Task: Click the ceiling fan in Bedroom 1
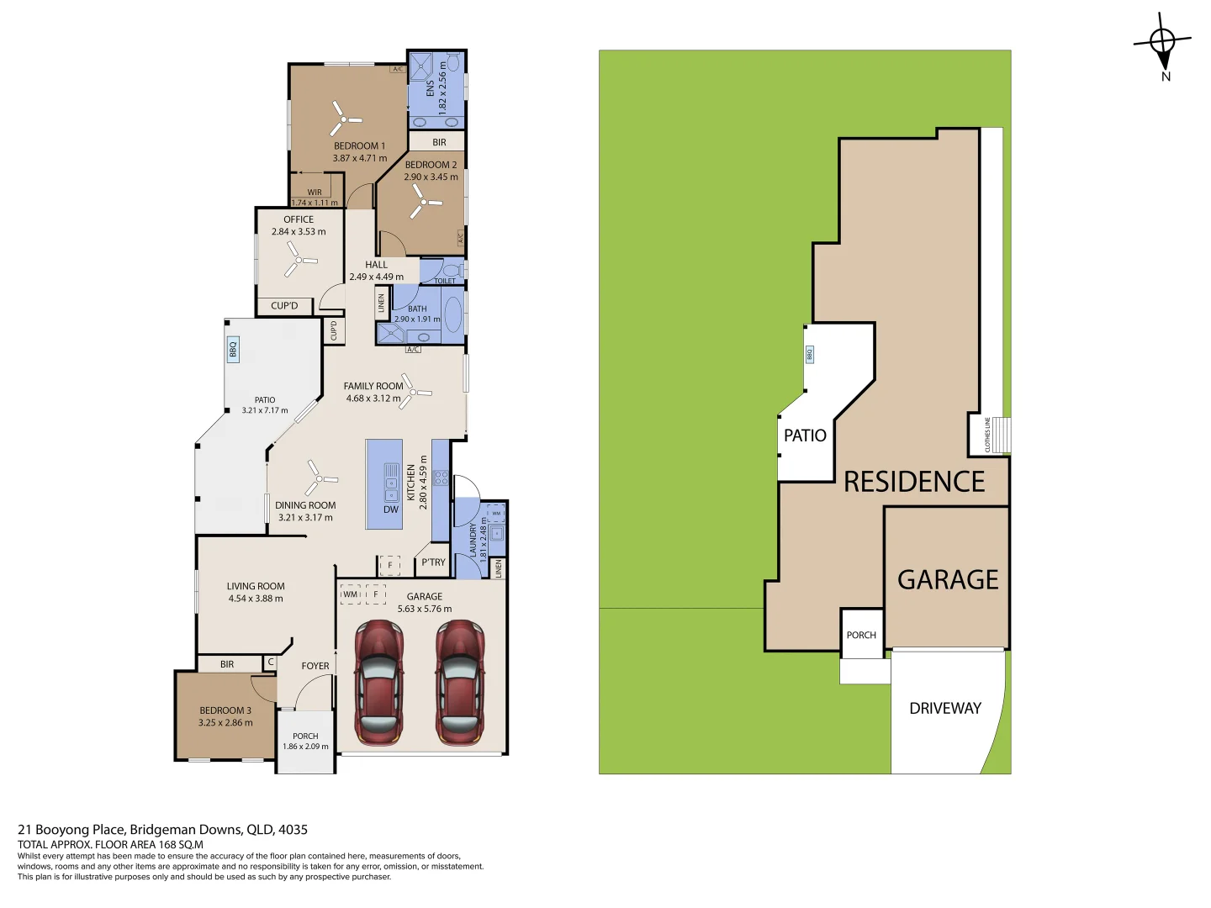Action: click(344, 119)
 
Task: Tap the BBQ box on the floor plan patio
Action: click(233, 349)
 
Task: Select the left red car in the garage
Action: click(379, 683)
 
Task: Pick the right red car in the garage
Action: click(460, 683)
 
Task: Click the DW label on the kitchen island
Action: click(390, 509)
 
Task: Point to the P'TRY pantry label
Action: click(433, 562)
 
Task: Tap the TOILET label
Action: click(445, 281)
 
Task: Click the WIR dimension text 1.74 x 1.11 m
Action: click(315, 203)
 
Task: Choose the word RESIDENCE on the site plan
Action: click(913, 481)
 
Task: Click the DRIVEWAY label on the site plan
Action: click(945, 708)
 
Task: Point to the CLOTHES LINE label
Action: click(987, 435)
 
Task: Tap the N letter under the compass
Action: click(1166, 77)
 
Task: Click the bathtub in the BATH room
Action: click(453, 314)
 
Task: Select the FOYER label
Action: click(315, 666)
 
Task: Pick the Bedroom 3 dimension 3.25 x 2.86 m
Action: click(225, 723)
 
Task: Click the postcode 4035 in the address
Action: click(293, 830)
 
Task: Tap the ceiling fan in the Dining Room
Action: click(320, 478)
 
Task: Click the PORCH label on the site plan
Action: click(860, 635)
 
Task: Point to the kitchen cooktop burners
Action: click(441, 478)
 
